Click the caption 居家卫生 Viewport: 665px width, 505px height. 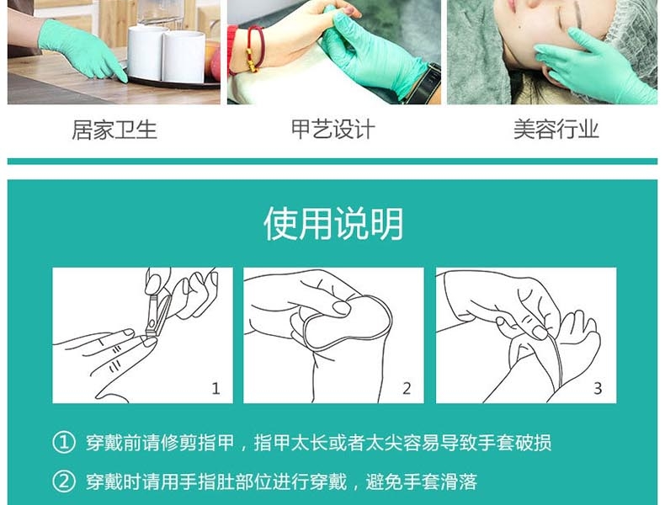point(114,130)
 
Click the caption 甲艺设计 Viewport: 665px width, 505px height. point(332,130)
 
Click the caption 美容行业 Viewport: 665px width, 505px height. point(556,130)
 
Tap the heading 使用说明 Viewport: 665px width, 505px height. point(332,224)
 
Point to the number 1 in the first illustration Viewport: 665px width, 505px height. point(215,388)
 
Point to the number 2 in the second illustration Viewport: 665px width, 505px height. point(407,388)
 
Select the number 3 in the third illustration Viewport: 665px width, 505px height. point(598,388)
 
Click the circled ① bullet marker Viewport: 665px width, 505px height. point(64,443)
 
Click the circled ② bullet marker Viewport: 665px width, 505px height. point(64,481)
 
